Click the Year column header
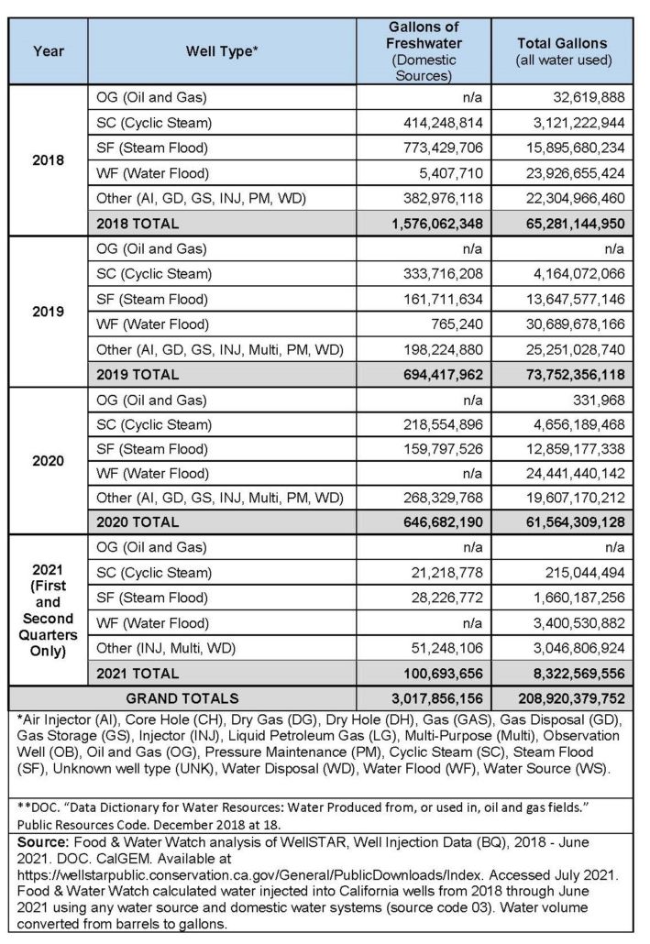coord(49,51)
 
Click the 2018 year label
coord(49,159)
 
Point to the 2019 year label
coord(49,311)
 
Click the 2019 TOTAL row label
coord(139,374)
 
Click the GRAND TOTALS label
coord(182,698)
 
